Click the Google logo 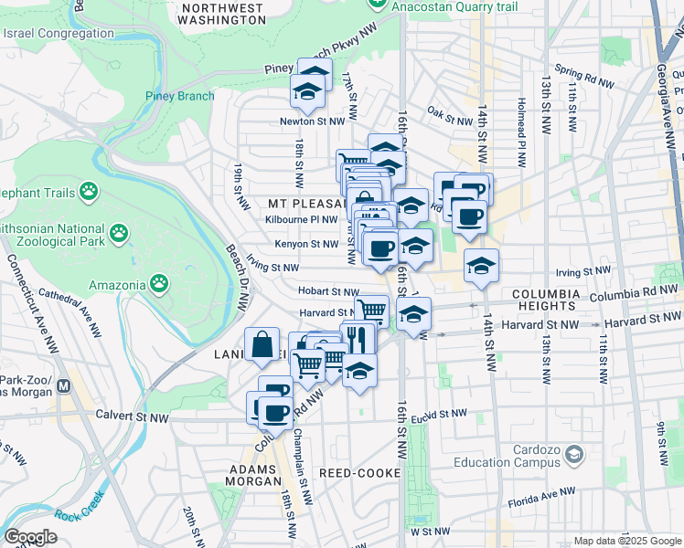coord(30,538)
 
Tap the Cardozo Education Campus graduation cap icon coord(573,454)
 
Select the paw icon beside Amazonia coord(160,285)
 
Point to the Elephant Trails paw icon coord(88,191)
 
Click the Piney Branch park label coord(179,96)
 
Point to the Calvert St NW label coord(133,416)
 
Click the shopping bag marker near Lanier coord(262,345)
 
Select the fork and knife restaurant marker coord(358,339)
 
